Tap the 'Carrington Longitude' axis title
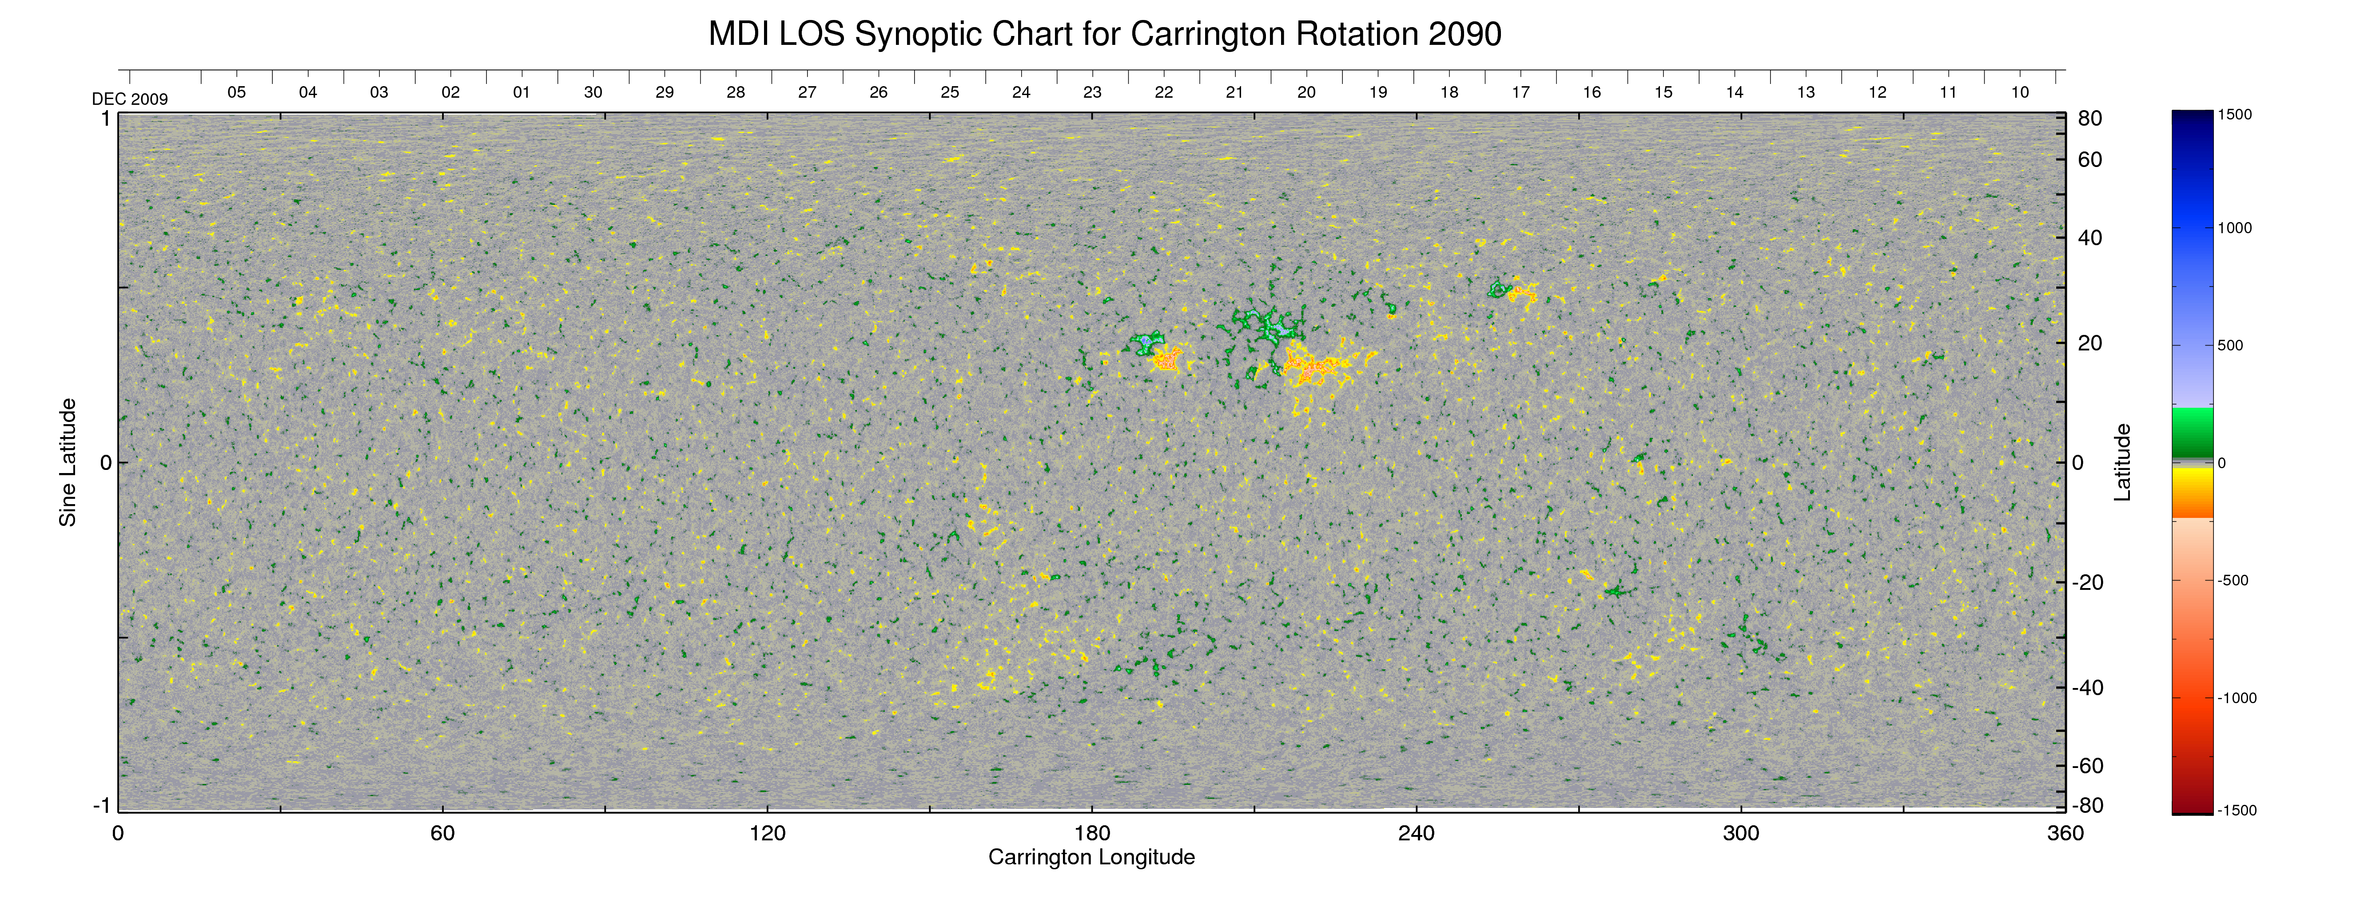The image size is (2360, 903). pos(1091,857)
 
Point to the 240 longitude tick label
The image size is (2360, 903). pos(1417,833)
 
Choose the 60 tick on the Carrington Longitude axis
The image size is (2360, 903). pos(442,833)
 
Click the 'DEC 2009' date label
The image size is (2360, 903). pos(130,99)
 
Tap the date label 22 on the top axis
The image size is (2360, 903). pos(1163,92)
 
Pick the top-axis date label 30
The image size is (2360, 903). pos(593,92)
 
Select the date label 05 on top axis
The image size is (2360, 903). pos(236,92)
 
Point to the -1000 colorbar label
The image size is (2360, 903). pos(2237,698)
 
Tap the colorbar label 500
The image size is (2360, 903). pos(2230,345)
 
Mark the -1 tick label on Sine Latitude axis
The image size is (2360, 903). pos(101,805)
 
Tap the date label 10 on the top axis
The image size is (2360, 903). pos(2020,92)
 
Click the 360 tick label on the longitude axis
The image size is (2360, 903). pos(2065,833)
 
